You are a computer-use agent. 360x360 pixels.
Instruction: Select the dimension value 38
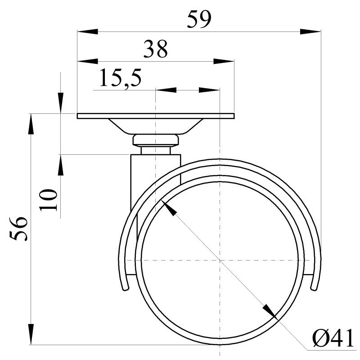155,49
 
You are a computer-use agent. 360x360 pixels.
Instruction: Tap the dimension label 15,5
120,78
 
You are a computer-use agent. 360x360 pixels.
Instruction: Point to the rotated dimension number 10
48,200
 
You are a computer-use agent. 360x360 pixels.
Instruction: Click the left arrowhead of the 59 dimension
87,32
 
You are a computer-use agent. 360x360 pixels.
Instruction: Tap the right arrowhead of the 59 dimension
310,32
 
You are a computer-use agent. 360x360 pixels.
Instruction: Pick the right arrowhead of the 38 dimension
224,61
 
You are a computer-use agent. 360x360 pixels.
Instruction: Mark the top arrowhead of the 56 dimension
31,124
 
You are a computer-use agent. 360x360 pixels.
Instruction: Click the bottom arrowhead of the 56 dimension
31,334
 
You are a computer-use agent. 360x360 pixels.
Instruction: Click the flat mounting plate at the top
156,116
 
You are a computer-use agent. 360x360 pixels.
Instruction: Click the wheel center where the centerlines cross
220,261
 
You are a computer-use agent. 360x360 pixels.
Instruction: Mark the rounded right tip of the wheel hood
315,287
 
